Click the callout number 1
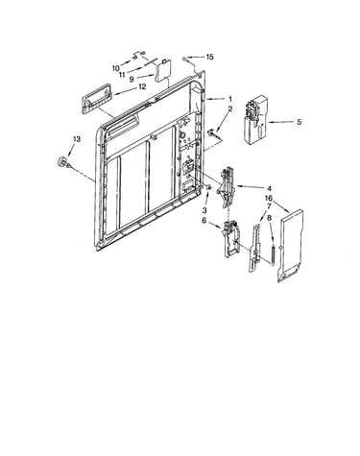(229, 100)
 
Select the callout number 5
(299, 122)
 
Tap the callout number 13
(77, 139)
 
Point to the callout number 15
(209, 57)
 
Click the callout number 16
(268, 199)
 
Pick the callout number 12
(142, 86)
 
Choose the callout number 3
(204, 210)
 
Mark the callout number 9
(132, 79)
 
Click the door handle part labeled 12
(95, 99)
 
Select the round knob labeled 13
(60, 162)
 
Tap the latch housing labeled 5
(255, 119)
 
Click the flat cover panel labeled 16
(290, 246)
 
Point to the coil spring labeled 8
(273, 254)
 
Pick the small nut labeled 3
(208, 187)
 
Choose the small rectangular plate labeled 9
(163, 70)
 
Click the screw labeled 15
(185, 59)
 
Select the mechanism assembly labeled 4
(227, 186)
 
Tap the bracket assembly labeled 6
(231, 238)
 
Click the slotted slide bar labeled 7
(255, 249)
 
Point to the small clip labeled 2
(212, 132)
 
